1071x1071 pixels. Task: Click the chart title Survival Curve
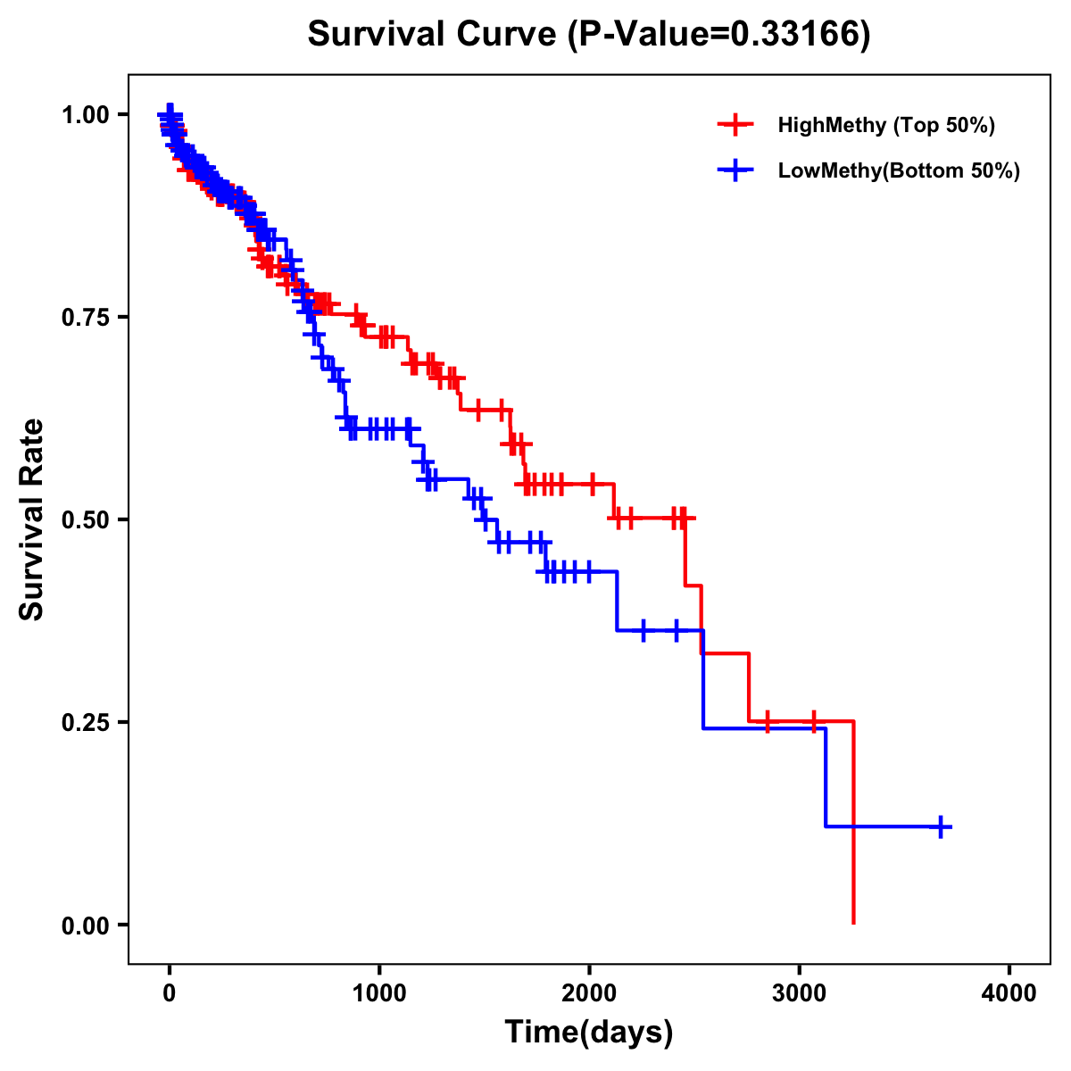point(433,35)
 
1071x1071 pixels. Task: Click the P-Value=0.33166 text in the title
point(721,35)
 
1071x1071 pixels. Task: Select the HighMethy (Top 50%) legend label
point(885,125)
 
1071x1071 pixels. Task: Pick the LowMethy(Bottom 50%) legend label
point(898,171)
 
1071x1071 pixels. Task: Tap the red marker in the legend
point(735,125)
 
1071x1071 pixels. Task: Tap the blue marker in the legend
point(735,171)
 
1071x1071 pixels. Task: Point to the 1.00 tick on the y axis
point(88,115)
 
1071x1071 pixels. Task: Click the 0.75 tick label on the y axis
point(88,318)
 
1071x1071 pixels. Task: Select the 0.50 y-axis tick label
point(88,520)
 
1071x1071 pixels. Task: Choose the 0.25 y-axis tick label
point(88,723)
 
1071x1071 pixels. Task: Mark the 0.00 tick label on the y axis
point(88,926)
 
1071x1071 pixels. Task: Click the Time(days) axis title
point(589,1033)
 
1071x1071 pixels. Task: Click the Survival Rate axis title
point(32,519)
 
